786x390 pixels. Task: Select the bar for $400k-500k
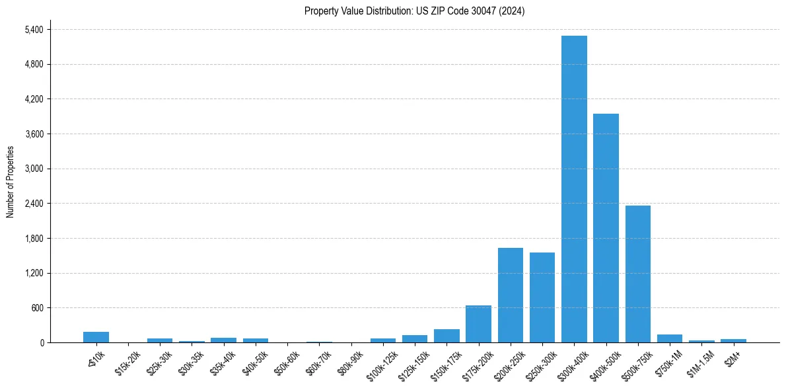coord(606,228)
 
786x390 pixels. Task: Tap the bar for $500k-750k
coord(638,274)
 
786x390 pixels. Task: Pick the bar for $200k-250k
coord(510,295)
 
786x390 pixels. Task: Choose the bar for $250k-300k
coord(542,297)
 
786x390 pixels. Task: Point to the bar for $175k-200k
coord(478,324)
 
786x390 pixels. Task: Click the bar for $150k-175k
coord(447,336)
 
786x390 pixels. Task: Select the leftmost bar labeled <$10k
coord(96,337)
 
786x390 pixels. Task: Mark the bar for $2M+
coord(733,340)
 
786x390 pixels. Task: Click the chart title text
coord(414,11)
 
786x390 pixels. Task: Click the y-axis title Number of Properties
coord(11,181)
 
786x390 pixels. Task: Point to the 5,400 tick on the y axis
coord(34,30)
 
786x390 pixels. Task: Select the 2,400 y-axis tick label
coord(34,204)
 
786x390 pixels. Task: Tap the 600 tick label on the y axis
coord(37,308)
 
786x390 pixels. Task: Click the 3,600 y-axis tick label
coord(34,134)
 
